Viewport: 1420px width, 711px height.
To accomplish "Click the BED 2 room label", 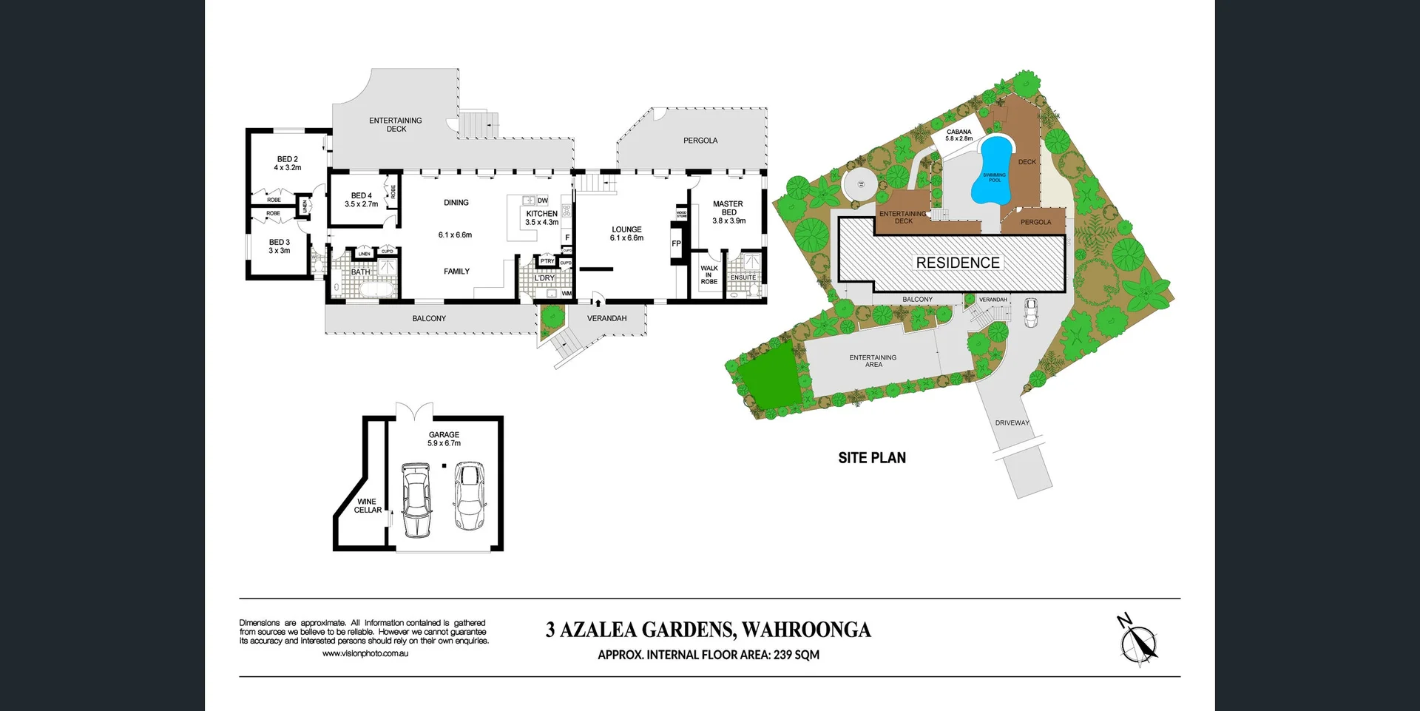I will click(287, 164).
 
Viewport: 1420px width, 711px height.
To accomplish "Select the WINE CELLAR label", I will click(368, 506).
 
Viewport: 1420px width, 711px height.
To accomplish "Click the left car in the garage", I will click(416, 499).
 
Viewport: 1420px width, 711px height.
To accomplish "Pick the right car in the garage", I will click(469, 496).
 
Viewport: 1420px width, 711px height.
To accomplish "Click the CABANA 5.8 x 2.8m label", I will click(958, 135).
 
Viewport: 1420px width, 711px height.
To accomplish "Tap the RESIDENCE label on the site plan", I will click(958, 263).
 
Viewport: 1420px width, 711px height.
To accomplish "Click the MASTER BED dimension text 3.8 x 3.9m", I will click(728, 220).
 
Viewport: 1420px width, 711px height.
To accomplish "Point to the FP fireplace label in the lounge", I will click(675, 243).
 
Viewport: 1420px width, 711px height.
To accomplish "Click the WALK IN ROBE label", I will click(709, 275).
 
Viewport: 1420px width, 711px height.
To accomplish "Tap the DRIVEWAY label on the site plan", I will click(1012, 423).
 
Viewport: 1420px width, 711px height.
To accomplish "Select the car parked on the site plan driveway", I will click(1030, 312).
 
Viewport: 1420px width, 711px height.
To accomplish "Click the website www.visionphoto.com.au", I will click(365, 653).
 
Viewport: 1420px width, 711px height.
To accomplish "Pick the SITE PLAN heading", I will click(871, 458).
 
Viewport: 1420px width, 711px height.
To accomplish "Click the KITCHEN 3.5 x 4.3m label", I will click(541, 218).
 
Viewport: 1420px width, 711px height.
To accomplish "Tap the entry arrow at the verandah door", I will click(597, 301).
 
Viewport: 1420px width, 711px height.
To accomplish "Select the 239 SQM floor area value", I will click(796, 655).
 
